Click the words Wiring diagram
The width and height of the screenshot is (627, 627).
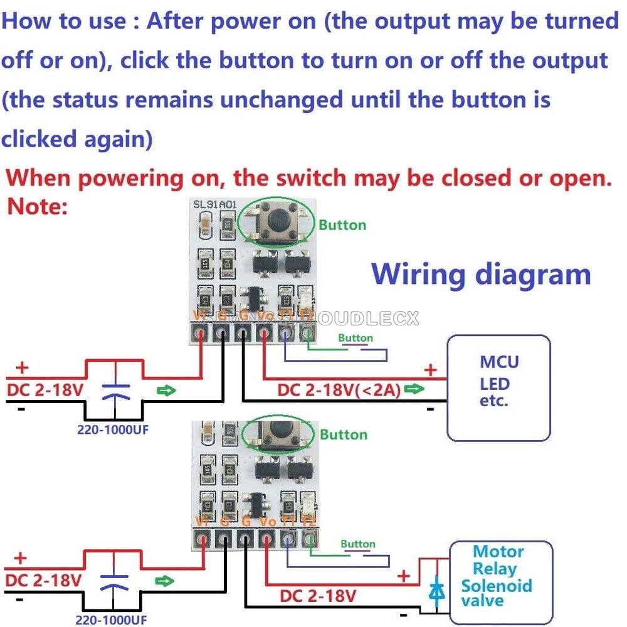point(481,275)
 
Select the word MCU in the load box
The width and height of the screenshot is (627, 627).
point(499,362)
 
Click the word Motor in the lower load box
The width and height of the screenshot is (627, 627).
point(498,552)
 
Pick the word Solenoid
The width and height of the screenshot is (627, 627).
point(497,586)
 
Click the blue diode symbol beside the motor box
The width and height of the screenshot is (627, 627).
point(436,590)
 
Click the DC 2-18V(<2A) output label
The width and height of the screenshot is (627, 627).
point(339,390)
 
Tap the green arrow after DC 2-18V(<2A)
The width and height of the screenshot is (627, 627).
point(414,389)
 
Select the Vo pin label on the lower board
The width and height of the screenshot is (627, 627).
point(267,522)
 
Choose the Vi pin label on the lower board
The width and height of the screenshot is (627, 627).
point(202,522)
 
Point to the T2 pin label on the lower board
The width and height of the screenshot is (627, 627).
point(308,522)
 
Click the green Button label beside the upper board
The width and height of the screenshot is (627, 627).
point(342,224)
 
